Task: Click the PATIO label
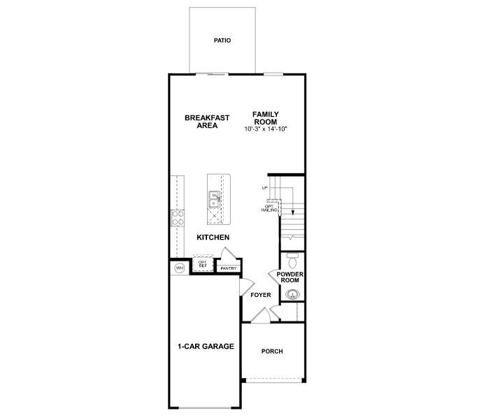click(222, 41)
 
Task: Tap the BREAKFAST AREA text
click(207, 122)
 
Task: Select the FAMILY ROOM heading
click(266, 117)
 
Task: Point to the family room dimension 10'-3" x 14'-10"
click(266, 129)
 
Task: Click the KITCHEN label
click(213, 238)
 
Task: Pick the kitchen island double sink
click(215, 200)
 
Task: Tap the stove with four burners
click(178, 218)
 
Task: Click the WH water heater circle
click(179, 268)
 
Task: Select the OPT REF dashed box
click(202, 265)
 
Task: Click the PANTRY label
click(228, 268)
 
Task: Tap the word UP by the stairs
click(264, 188)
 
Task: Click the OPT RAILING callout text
click(269, 208)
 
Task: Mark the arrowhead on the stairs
click(293, 212)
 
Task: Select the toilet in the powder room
click(292, 260)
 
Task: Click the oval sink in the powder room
click(292, 294)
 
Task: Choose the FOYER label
click(261, 295)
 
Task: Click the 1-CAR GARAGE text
click(205, 347)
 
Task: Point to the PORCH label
click(272, 351)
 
